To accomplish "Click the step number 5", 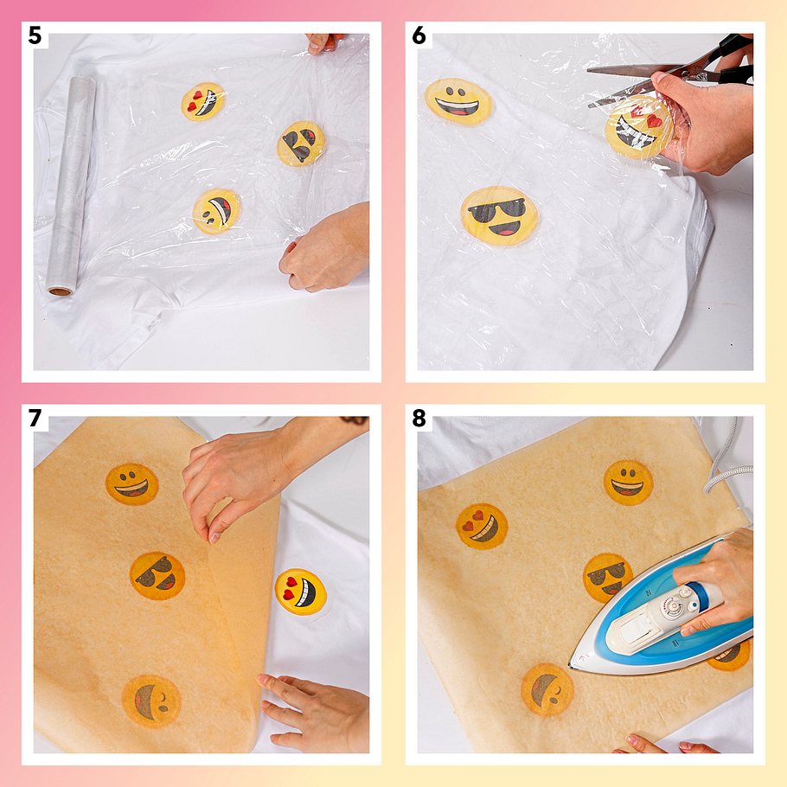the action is [35, 35].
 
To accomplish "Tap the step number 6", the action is [419, 35].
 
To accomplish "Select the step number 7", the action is [35, 418].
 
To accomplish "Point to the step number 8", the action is [419, 418].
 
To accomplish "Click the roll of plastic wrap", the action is [71, 185].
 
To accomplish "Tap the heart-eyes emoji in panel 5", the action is [202, 101].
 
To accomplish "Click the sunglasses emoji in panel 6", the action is [499, 216].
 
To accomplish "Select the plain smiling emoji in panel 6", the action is [458, 101].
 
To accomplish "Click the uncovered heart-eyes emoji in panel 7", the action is [301, 592].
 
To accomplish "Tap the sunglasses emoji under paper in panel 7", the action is [157, 576].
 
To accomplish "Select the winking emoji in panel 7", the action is [151, 701].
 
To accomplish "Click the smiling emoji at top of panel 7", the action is [132, 483].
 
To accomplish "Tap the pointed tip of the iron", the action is [571, 667].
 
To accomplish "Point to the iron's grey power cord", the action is [726, 467].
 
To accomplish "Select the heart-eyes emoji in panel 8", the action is [482, 527].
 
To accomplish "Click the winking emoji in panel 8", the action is [547, 690].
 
